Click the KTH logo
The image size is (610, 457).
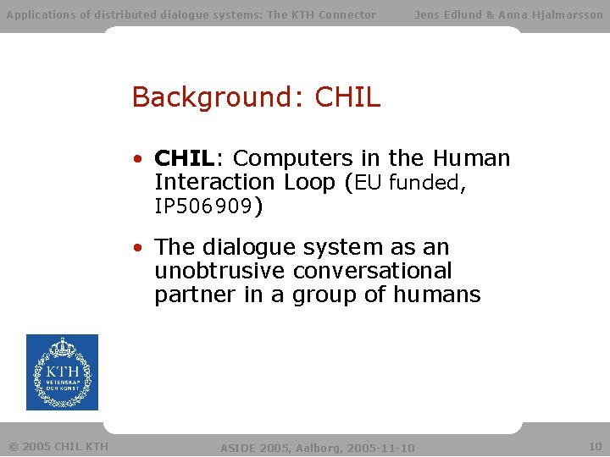[x=62, y=372]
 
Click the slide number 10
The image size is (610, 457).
[x=595, y=446]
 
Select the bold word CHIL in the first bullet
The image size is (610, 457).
[x=185, y=158]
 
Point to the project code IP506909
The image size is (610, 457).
[x=203, y=206]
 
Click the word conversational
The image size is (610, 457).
[x=373, y=271]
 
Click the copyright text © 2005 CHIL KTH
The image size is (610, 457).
[x=58, y=446]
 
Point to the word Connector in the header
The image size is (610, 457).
[x=347, y=14]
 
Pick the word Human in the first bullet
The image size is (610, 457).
[x=471, y=158]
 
